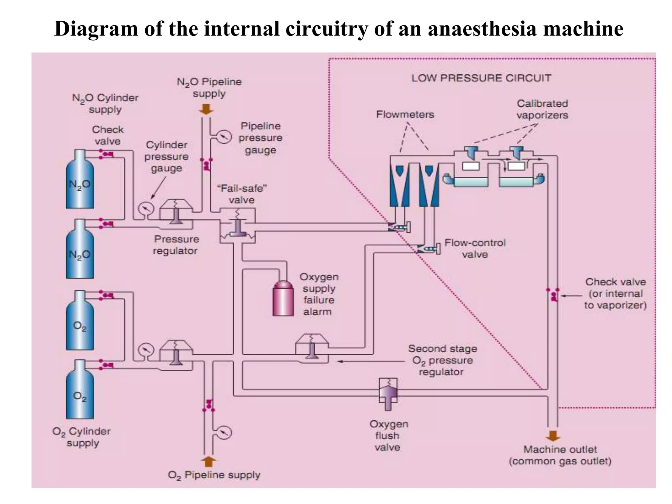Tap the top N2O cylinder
pos(80,180)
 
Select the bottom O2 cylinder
pos(80,390)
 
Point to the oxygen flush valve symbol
pos(388,394)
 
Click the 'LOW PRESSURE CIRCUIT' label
pos(481,78)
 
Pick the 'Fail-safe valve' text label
pos(242,194)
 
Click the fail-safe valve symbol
pos(238,226)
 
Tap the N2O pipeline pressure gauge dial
pos(224,137)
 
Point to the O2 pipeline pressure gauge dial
pos(224,432)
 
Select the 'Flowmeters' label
pos(405,115)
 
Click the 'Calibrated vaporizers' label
pos(542,109)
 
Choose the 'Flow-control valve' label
pos(475,248)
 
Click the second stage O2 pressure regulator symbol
pos(312,349)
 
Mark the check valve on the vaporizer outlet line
pos(553,295)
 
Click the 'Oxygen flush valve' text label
pos(388,435)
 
